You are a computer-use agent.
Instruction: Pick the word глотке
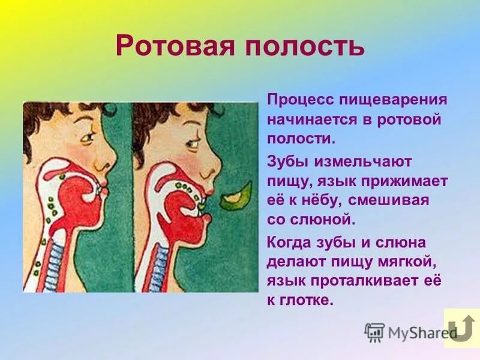point(308,301)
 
